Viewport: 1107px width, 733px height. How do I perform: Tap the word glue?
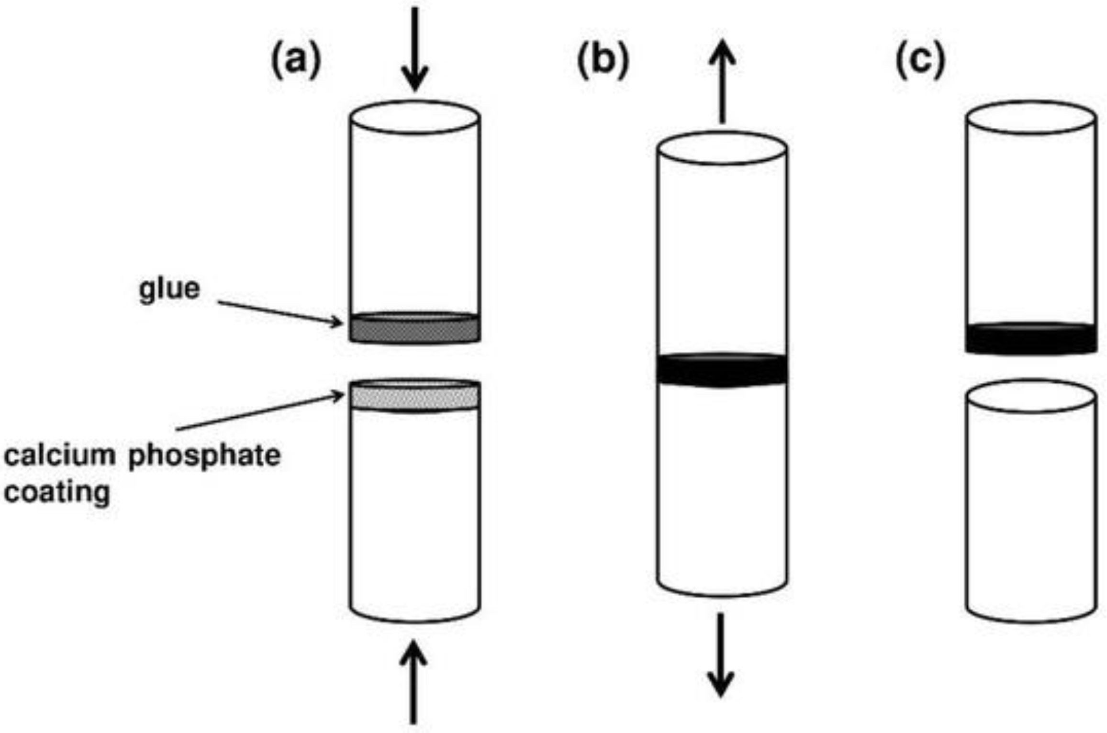click(x=169, y=289)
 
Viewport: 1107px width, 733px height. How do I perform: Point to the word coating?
click(x=57, y=492)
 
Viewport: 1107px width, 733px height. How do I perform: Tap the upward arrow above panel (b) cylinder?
click(x=722, y=81)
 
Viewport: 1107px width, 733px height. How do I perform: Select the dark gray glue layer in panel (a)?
click(x=414, y=329)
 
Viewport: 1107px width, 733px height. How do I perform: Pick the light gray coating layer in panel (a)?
click(x=414, y=396)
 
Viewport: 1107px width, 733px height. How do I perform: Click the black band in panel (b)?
click(x=722, y=370)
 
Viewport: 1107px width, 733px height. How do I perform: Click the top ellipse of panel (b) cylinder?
click(x=722, y=148)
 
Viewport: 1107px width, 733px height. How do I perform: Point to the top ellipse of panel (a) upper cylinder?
click(x=414, y=117)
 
